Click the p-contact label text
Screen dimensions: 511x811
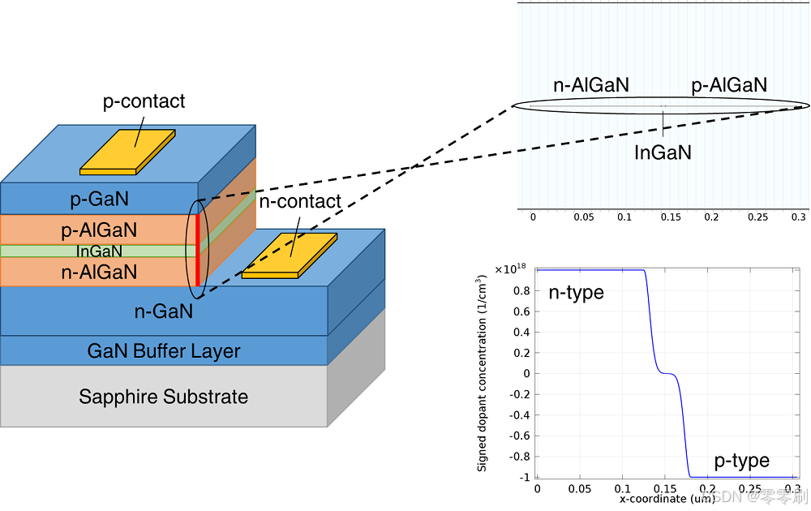click(144, 101)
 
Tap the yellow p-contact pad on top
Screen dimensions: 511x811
click(127, 152)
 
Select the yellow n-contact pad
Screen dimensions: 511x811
click(290, 255)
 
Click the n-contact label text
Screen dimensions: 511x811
click(299, 201)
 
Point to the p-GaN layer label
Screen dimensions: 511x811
click(100, 199)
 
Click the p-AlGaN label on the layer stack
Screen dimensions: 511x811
click(99, 230)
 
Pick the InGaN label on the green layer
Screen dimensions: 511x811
click(99, 251)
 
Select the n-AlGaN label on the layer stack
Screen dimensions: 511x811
click(99, 273)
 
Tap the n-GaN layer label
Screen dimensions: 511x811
click(164, 310)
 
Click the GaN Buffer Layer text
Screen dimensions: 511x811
click(164, 351)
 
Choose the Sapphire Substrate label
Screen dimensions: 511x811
click(163, 397)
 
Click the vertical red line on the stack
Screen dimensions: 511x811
click(197, 243)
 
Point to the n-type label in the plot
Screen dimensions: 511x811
click(577, 293)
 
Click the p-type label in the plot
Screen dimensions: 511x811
click(741, 461)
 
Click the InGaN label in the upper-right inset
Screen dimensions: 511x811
click(663, 152)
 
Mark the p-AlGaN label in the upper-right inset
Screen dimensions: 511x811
click(728, 85)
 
